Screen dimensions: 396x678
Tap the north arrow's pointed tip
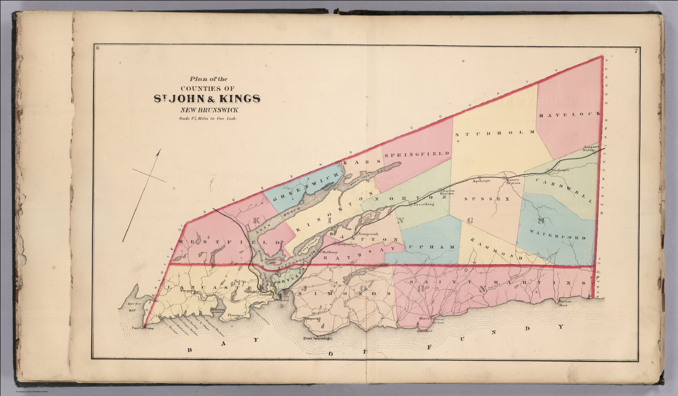pyautogui.click(x=160, y=150)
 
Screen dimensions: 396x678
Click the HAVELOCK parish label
pyautogui.click(x=569, y=114)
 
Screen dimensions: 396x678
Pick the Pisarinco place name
pyautogui.click(x=236, y=316)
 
